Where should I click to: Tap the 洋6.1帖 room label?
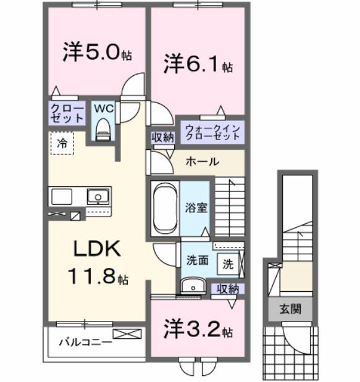pyautogui.click(x=198, y=64)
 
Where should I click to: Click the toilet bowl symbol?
pyautogui.click(x=103, y=129)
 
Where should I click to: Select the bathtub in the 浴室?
pyautogui.click(x=164, y=209)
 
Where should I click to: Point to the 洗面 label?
pyautogui.click(x=197, y=260)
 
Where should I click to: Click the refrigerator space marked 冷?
pyautogui.click(x=62, y=143)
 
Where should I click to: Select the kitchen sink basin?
pyautogui.click(x=96, y=197)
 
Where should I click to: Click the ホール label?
pyautogui.click(x=202, y=162)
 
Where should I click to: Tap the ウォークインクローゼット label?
pyautogui.click(x=212, y=132)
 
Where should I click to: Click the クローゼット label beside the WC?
pyautogui.click(x=67, y=112)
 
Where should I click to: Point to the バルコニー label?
pyautogui.click(x=85, y=341)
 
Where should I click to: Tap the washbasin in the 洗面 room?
pyautogui.click(x=192, y=285)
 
